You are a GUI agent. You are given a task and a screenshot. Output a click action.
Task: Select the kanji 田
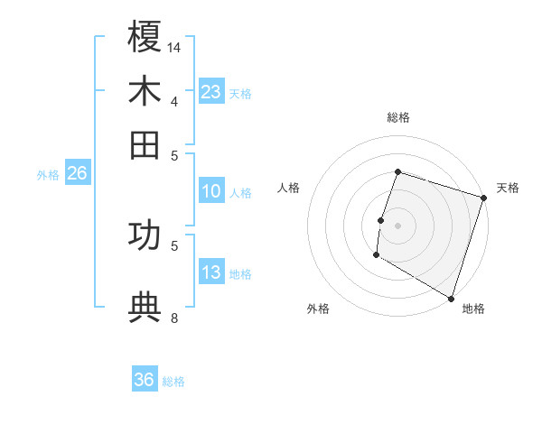point(145,143)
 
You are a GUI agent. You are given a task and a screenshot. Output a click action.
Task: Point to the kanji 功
point(145,235)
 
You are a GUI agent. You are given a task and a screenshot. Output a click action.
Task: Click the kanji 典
point(145,307)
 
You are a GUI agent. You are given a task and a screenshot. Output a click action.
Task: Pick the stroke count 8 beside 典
point(174,317)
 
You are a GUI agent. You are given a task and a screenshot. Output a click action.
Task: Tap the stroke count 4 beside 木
point(174,100)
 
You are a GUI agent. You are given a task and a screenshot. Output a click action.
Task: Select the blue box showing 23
point(211,91)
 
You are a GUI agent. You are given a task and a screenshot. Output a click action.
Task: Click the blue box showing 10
point(211,191)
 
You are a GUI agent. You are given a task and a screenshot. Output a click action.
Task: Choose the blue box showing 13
point(211,272)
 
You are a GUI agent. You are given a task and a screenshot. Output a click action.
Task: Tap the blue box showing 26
point(77,174)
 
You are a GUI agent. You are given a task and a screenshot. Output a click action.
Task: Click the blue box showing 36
point(145,380)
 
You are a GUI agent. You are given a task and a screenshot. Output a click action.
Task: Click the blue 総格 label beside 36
point(173,382)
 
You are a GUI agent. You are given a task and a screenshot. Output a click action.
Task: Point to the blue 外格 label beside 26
point(48,175)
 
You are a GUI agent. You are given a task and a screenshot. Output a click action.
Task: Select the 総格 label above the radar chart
point(397,117)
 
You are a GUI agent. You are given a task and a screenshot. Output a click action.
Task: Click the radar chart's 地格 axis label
point(473,309)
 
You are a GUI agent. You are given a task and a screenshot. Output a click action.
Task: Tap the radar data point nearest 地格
point(450,298)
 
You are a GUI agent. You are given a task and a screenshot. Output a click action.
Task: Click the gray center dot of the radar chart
point(397,226)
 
